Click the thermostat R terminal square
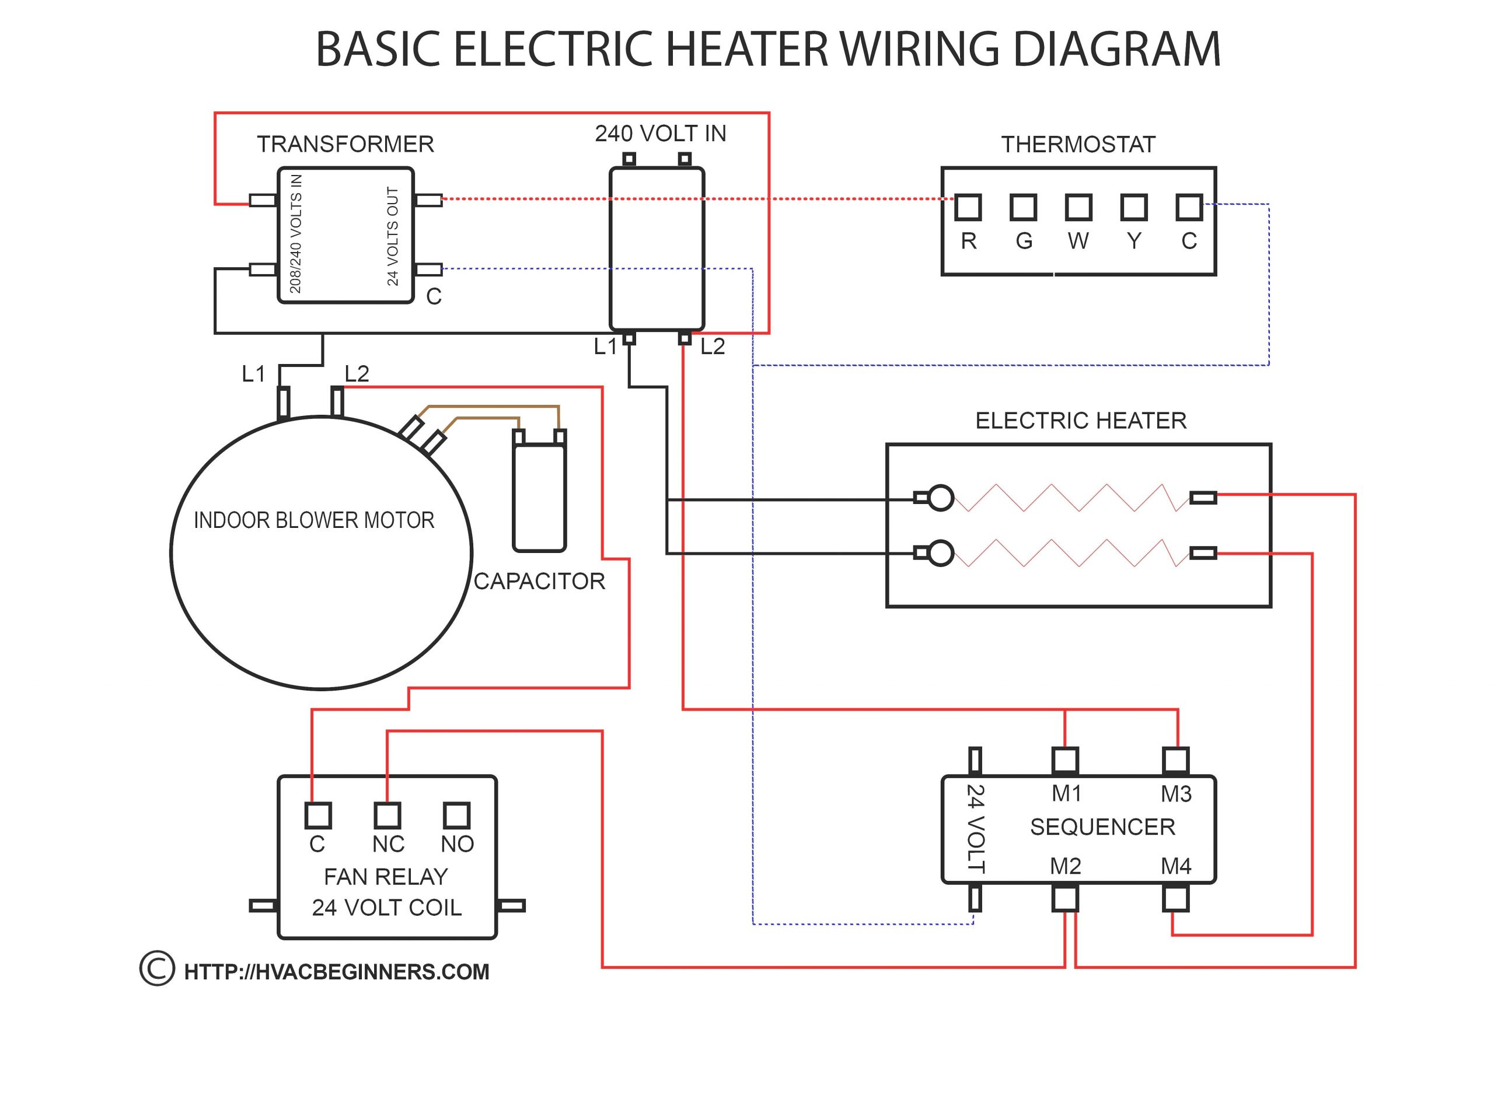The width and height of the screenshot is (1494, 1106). pos(967,208)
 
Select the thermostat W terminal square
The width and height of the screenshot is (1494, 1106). pos(1078,208)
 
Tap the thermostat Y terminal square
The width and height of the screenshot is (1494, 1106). pos(1134,208)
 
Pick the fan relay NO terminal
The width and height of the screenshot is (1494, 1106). pos(457,815)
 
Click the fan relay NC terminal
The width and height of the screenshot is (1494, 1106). pos(387,815)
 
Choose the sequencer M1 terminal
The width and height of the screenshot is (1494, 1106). pos(1064,761)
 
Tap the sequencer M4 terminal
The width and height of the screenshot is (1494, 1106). pos(1175,898)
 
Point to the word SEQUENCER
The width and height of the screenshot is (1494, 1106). pos(1102,827)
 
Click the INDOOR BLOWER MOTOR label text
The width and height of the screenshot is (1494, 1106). pos(314,520)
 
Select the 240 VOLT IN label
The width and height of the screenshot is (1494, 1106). pos(660,134)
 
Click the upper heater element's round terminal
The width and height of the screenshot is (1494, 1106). pos(941,498)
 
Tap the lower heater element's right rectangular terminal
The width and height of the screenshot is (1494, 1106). pos(1203,553)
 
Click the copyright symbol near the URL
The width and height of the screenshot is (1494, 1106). pos(157,969)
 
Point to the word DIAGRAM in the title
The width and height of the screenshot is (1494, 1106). pos(1117,49)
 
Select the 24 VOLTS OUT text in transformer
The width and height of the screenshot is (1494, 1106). pos(392,236)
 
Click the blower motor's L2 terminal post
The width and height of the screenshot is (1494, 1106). pos(337,402)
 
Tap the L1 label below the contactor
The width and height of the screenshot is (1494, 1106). pos(605,347)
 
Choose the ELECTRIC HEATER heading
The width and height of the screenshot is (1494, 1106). pos(1080,421)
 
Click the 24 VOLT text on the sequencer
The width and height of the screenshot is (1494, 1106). pos(976,829)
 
